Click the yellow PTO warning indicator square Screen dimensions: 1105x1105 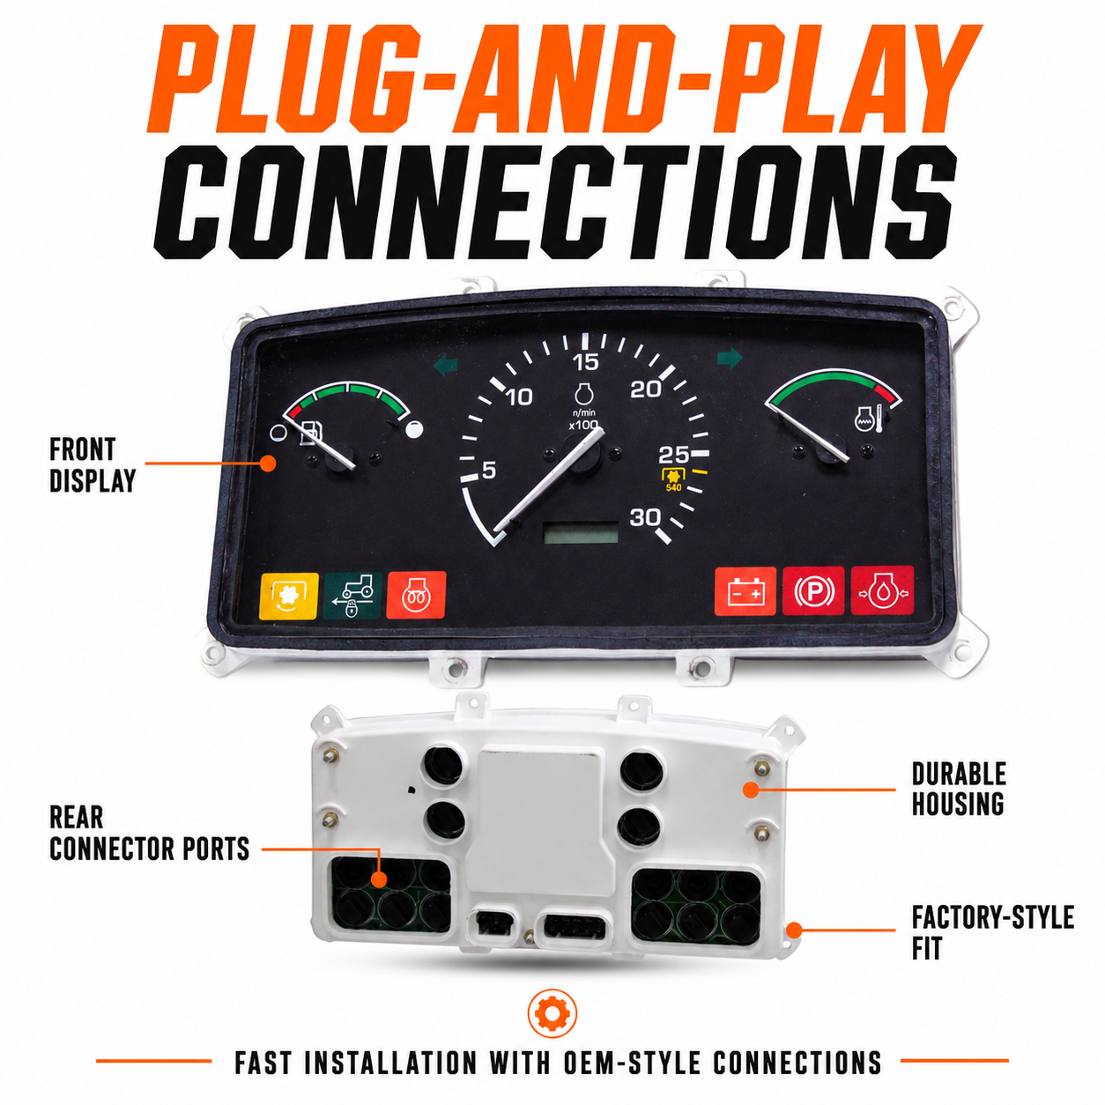pos(288,596)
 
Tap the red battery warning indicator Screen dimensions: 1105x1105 pos(745,591)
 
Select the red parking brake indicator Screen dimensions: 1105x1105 pos(813,590)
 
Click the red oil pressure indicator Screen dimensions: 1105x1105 pos(882,590)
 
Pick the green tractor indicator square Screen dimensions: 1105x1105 pos(352,596)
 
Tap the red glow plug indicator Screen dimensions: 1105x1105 pos(416,595)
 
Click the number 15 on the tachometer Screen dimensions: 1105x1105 pos(585,362)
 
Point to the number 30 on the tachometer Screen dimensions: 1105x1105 pos(644,518)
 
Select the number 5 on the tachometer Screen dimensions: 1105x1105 pos(488,471)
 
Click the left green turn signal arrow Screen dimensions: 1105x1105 pos(446,364)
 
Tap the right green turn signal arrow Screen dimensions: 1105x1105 pos(730,357)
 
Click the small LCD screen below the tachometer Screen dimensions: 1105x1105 pos(581,533)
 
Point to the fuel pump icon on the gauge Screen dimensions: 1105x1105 pos(309,433)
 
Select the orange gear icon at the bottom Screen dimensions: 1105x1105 pos(552,1013)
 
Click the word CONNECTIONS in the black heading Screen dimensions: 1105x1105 pos(555,202)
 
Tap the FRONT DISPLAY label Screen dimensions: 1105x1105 pos(93,465)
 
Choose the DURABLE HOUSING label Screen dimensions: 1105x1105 pos(958,789)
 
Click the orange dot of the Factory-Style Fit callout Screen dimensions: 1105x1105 pos(794,931)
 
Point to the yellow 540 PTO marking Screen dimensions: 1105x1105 pos(673,487)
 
